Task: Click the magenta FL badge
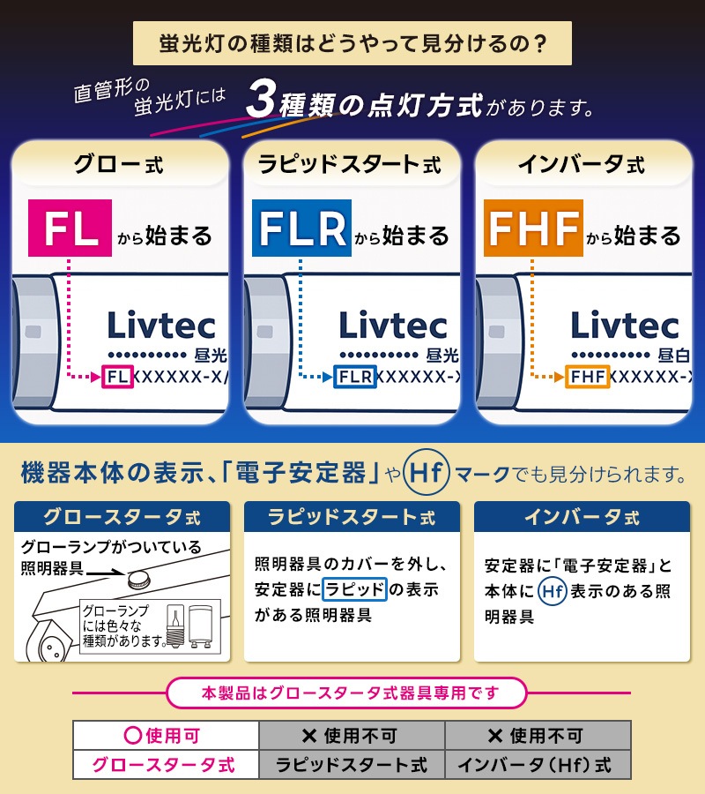coord(70,228)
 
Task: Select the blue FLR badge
coord(301,228)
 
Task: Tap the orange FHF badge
coord(533,228)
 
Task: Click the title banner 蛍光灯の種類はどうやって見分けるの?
coord(352,43)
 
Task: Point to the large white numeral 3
coord(261,98)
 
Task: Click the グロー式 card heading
coord(119,164)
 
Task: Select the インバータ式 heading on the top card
coord(583,164)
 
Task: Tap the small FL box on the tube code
coord(118,377)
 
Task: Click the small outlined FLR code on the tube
coord(355,377)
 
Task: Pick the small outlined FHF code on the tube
coord(587,377)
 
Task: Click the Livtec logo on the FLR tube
coord(393,325)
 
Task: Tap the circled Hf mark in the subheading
coord(427,473)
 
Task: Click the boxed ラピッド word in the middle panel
coord(354,589)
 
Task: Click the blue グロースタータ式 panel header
coord(122,516)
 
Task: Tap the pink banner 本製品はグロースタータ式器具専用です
coord(347,693)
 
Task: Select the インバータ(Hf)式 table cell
coord(538,764)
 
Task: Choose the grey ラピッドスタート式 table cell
coord(352,764)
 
